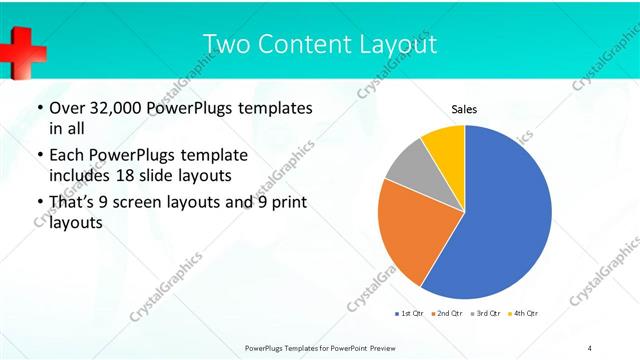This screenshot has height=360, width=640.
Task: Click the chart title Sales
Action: (464, 109)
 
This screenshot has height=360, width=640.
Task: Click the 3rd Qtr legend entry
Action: (485, 314)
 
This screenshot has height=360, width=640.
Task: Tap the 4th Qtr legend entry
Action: (523, 314)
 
